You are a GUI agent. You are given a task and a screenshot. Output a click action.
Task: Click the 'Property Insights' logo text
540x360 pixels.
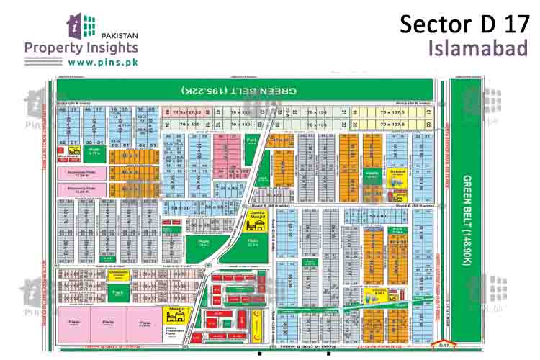tap(81, 48)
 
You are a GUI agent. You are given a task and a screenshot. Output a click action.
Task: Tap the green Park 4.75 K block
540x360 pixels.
tap(95, 153)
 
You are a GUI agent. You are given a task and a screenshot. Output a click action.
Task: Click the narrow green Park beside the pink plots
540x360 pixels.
tap(252, 140)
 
